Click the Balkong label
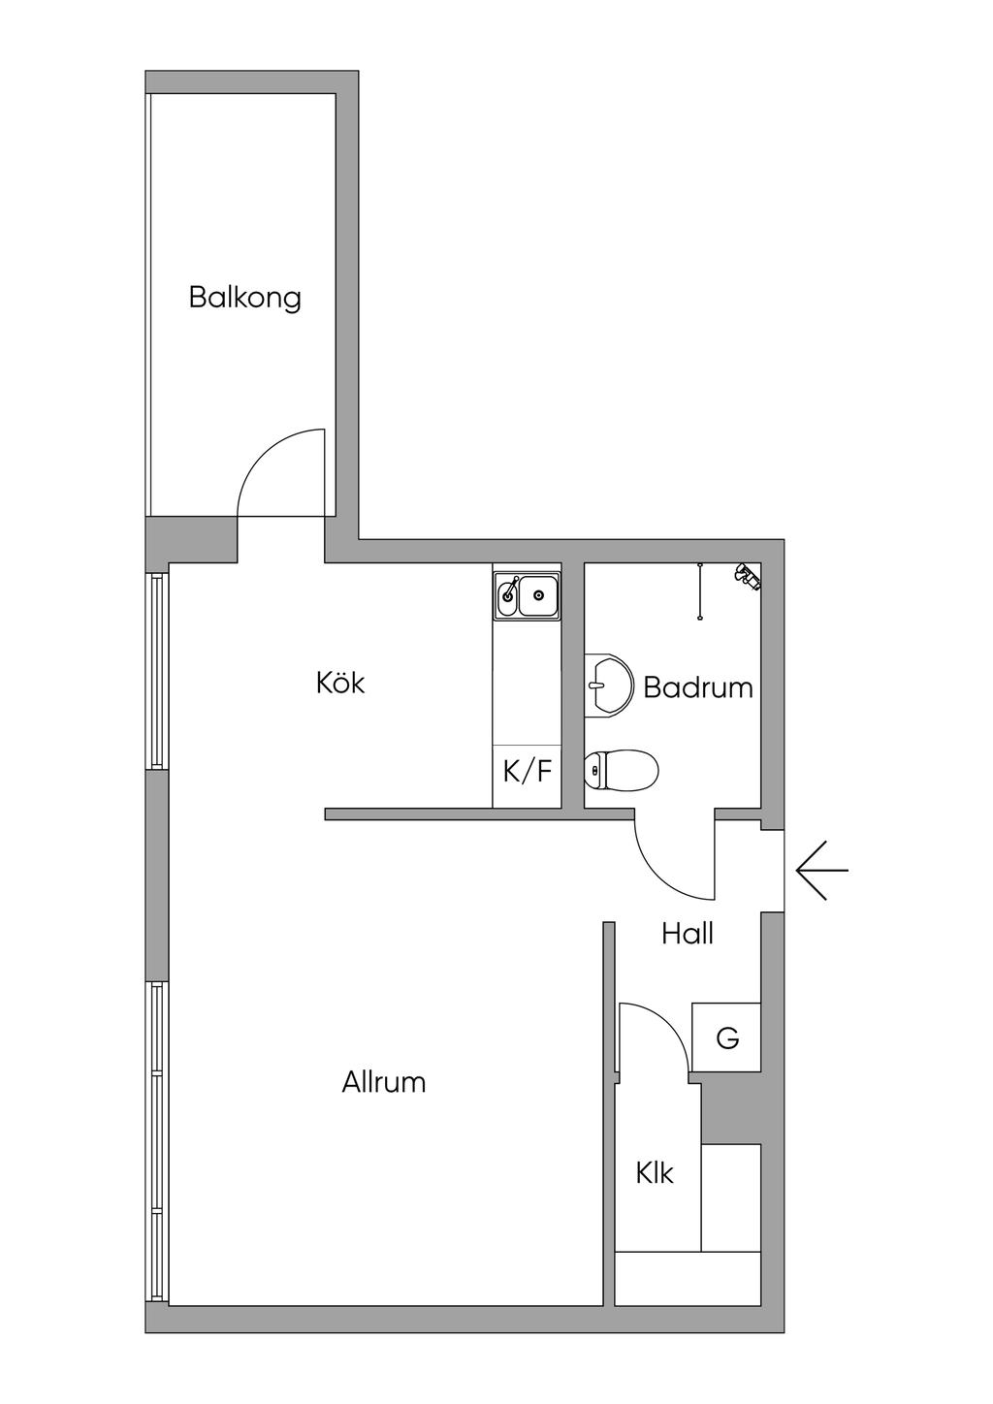pyautogui.click(x=245, y=297)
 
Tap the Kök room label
pyautogui.click(x=340, y=683)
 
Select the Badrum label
pyautogui.click(x=698, y=687)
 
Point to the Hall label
pyautogui.click(x=688, y=934)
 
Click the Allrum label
pyautogui.click(x=384, y=1082)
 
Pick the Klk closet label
pyautogui.click(x=655, y=1174)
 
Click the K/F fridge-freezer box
pyautogui.click(x=527, y=773)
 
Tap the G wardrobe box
pyautogui.click(x=726, y=1037)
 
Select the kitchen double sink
pyautogui.click(x=527, y=595)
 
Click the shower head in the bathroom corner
pyautogui.click(x=748, y=576)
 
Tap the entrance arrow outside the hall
pyautogui.click(x=821, y=870)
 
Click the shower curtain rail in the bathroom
pyautogui.click(x=699, y=590)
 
